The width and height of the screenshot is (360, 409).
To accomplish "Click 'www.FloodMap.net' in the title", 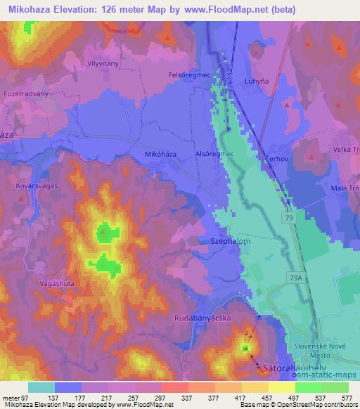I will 217,10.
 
